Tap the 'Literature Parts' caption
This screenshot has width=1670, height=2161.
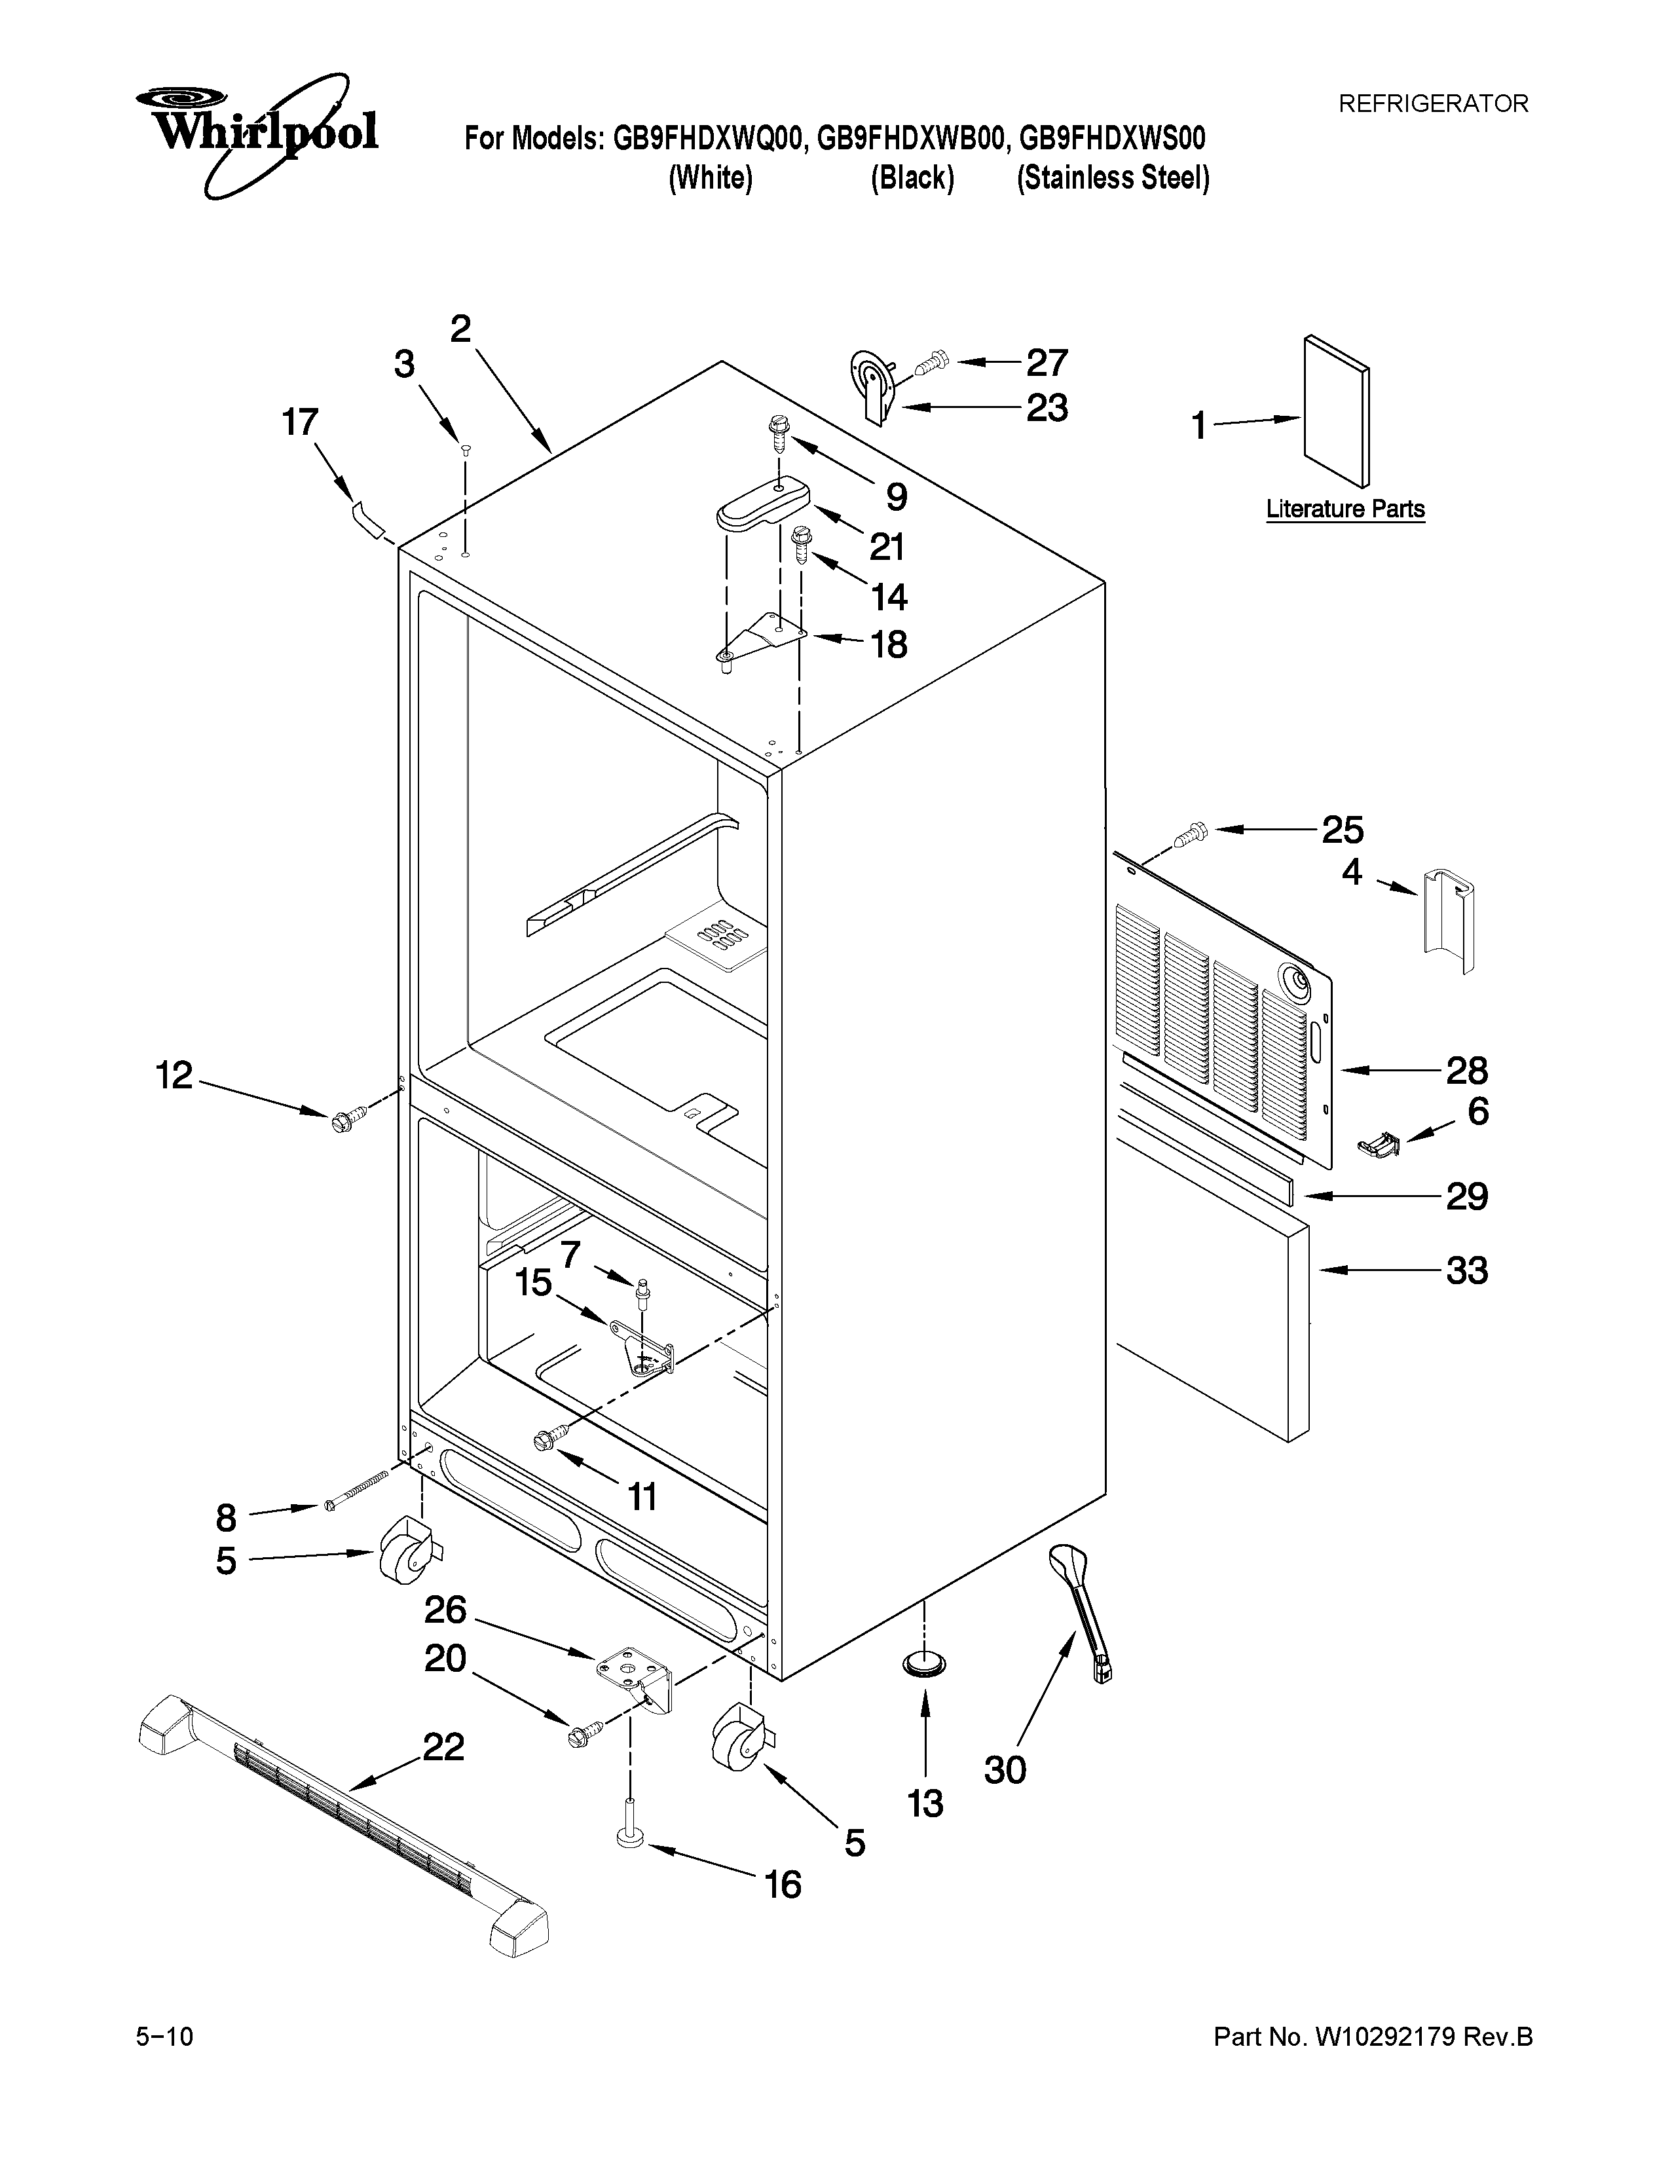pos(1346,509)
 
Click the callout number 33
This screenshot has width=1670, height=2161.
pos(1466,1270)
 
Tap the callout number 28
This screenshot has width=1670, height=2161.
pos(1466,1071)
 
